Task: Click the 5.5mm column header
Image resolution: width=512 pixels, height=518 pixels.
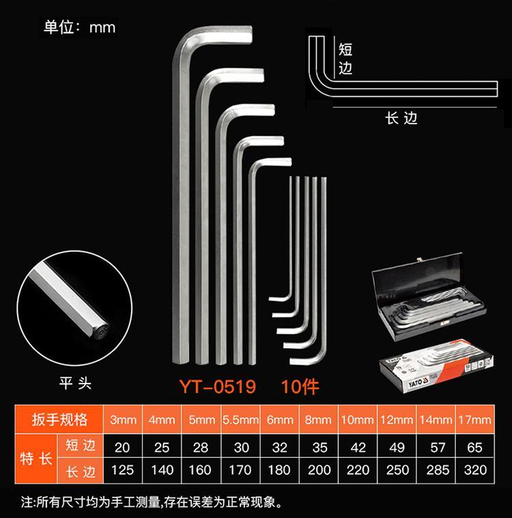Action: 240,420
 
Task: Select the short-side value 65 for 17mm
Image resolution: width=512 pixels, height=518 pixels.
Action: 474,447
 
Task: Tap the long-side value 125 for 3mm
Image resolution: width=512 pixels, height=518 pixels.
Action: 122,470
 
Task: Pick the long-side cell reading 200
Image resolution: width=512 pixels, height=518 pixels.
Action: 319,470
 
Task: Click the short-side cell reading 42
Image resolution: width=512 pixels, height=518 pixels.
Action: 358,447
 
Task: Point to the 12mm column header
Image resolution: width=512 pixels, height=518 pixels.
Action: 397,420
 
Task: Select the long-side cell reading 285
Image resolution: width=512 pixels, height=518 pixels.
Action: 438,470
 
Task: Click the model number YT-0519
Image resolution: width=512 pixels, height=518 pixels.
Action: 218,386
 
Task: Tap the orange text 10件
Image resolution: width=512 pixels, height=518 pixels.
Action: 300,386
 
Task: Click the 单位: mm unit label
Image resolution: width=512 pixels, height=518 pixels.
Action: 79,27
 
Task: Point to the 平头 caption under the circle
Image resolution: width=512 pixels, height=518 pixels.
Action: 75,384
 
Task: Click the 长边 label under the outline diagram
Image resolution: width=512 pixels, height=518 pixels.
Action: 401,118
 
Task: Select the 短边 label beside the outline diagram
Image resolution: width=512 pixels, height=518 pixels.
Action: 345,59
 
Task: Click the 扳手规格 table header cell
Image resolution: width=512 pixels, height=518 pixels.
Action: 59,420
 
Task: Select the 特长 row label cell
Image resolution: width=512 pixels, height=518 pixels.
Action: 36,459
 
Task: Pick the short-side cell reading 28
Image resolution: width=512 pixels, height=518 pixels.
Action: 201,447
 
